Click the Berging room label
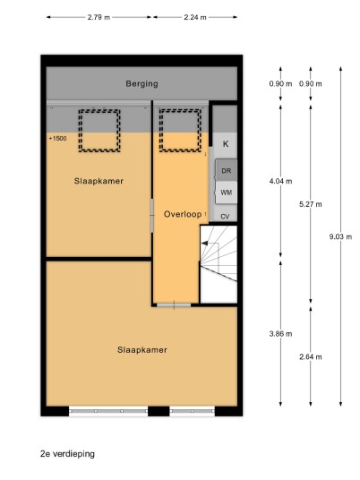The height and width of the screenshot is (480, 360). [x=141, y=83]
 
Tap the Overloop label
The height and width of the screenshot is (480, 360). [x=183, y=214]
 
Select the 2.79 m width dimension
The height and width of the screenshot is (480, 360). [x=99, y=17]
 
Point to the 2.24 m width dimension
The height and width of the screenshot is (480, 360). [x=195, y=17]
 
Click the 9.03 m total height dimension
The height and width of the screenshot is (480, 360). [x=340, y=236]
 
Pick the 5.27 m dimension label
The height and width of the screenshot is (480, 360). [x=311, y=204]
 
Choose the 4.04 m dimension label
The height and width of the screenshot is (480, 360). [x=280, y=181]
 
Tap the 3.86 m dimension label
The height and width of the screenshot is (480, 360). [x=280, y=334]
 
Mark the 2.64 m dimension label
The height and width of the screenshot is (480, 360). [x=311, y=356]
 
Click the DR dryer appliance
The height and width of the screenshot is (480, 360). [x=227, y=170]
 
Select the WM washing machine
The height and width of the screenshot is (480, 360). [x=227, y=193]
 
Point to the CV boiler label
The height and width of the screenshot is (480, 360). [x=225, y=217]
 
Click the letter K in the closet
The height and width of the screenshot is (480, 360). [x=226, y=144]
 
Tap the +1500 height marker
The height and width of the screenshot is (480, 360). [x=57, y=139]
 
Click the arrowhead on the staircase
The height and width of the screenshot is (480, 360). [x=204, y=244]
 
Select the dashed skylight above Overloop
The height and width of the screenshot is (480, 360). [x=180, y=131]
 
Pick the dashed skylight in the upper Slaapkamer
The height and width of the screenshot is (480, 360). [x=99, y=131]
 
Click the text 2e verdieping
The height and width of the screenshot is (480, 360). [x=67, y=454]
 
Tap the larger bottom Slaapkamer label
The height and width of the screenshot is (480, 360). [x=142, y=350]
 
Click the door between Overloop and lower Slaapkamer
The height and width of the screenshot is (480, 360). [x=174, y=304]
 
